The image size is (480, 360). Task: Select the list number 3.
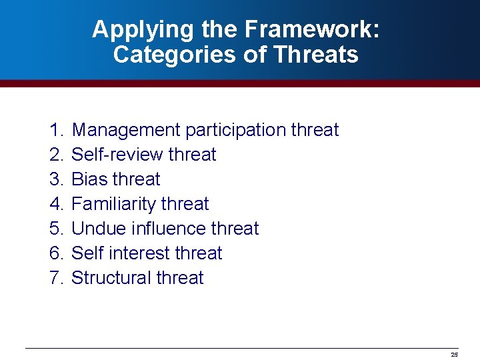55,179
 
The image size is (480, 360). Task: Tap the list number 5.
55,229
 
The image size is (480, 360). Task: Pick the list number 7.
55,278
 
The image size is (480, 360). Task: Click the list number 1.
55,130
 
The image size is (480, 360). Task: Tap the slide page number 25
455,355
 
